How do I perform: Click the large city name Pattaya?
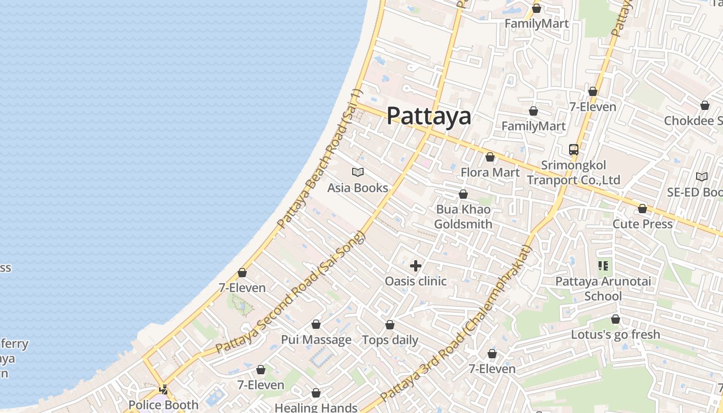coord(429,116)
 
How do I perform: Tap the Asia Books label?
coord(357,188)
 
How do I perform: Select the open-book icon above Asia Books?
coord(357,172)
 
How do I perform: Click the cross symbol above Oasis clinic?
coord(415,266)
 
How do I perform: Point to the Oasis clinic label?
coord(416,281)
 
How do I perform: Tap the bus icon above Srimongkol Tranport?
coord(573,150)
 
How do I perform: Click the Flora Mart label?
coord(490,172)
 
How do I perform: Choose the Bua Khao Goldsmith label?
coord(463,217)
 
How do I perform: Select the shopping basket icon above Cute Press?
coord(642,209)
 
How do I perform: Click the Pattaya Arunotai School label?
coord(603,289)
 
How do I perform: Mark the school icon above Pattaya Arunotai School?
coord(603,266)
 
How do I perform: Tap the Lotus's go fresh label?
coord(615,335)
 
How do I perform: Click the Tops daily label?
coord(390,340)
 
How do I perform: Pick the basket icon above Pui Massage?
coord(316,324)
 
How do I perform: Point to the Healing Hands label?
coord(316,407)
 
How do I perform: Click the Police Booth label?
coord(163,405)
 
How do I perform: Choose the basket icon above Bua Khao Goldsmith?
coord(463,195)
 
